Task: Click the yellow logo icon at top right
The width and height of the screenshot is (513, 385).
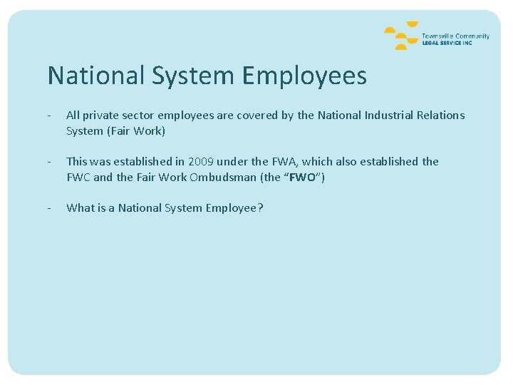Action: (x=400, y=36)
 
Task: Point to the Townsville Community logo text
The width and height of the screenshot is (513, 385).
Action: (x=455, y=36)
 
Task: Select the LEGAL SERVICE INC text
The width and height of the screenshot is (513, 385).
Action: (x=447, y=43)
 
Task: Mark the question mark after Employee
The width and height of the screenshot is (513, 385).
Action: (x=260, y=208)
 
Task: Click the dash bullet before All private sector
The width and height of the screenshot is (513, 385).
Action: (x=48, y=115)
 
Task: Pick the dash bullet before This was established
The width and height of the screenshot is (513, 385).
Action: (x=48, y=162)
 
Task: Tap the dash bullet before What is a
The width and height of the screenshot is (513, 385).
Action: (x=48, y=208)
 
